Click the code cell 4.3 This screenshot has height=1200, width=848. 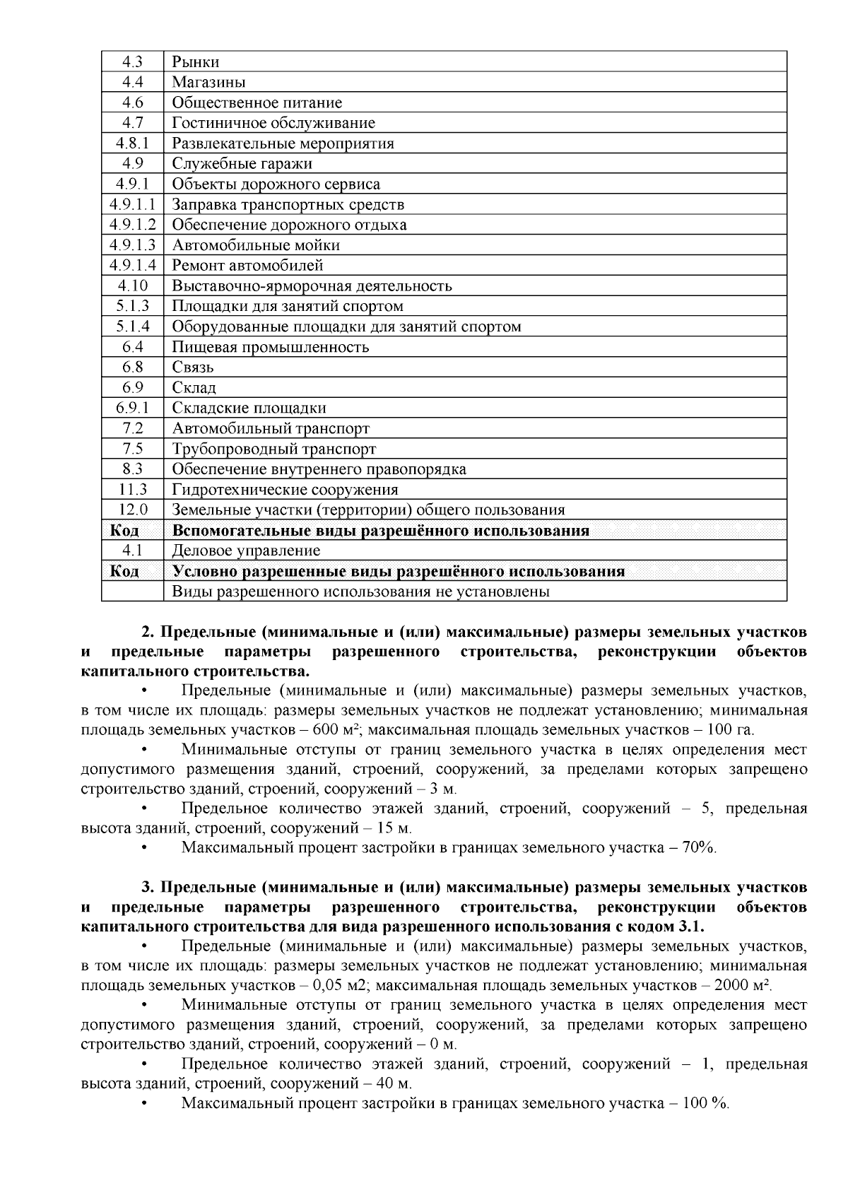pos(132,61)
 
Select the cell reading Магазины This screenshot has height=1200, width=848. pos(208,82)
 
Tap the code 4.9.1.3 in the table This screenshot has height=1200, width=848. pos(132,245)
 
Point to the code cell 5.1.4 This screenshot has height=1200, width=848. pos(132,327)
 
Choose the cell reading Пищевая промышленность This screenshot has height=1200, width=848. pos(270,347)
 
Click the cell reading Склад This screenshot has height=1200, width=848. pos(194,388)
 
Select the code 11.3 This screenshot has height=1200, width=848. pos(132,490)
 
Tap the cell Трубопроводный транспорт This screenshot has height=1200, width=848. pos(273,449)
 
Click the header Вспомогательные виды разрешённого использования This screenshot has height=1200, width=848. pos(380,531)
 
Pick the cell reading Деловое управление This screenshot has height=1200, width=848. pos(245,551)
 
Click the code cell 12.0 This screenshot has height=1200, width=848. pos(132,510)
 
